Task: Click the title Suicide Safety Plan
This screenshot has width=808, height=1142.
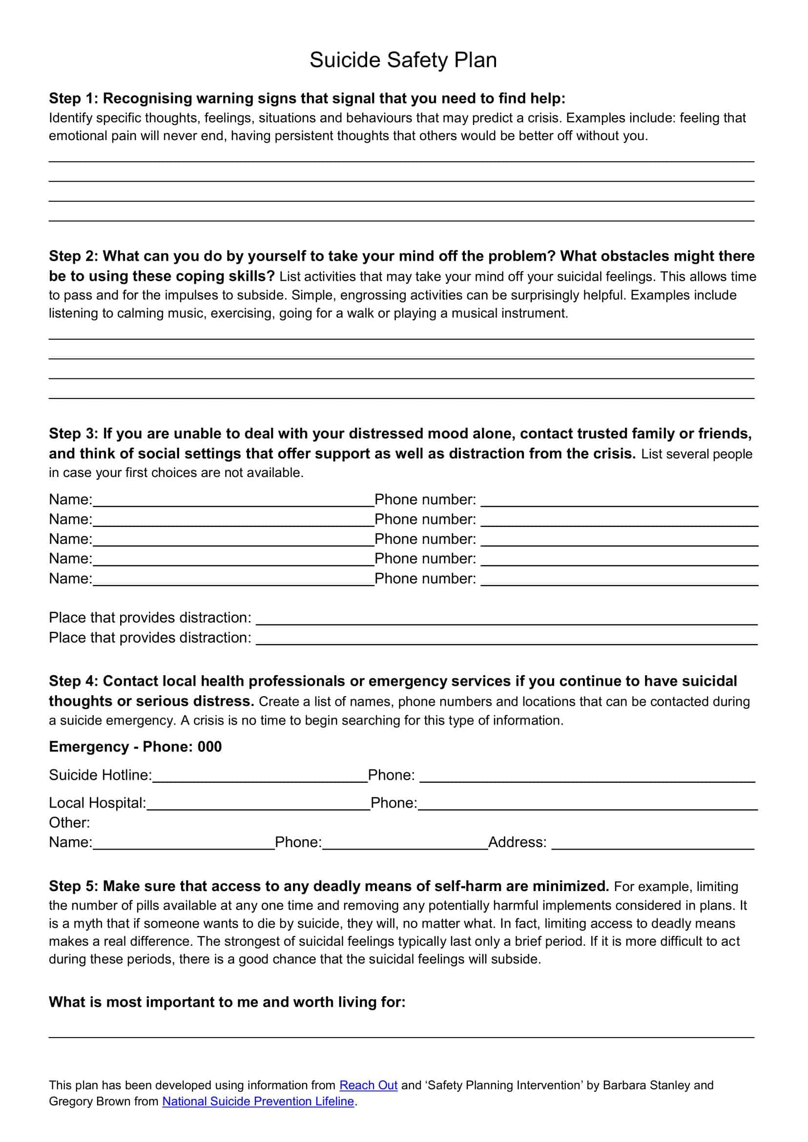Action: (x=403, y=60)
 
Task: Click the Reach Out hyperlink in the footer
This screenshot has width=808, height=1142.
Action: (x=368, y=1085)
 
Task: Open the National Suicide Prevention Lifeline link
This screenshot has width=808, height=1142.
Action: (x=258, y=1101)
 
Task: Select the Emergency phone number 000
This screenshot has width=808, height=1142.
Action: (x=209, y=747)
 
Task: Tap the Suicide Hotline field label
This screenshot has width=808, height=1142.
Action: (x=100, y=775)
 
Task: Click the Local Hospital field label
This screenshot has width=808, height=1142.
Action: (x=98, y=803)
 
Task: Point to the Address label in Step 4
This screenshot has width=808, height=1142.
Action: (x=517, y=842)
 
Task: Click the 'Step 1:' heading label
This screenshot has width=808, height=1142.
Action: (x=74, y=99)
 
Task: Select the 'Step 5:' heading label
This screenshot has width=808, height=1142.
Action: (x=74, y=886)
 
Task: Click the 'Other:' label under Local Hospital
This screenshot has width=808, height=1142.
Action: (x=69, y=823)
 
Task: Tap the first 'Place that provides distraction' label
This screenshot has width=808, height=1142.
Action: (x=150, y=618)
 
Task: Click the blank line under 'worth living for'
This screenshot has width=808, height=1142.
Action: (x=401, y=1036)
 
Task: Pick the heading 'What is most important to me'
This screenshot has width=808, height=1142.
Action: (x=227, y=1002)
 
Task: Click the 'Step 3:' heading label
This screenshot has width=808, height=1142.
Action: (x=74, y=434)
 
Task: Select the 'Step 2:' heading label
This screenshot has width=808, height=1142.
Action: (x=74, y=256)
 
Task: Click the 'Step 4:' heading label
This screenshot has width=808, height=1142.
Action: (x=74, y=681)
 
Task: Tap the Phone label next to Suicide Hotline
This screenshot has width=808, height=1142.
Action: (x=391, y=775)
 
